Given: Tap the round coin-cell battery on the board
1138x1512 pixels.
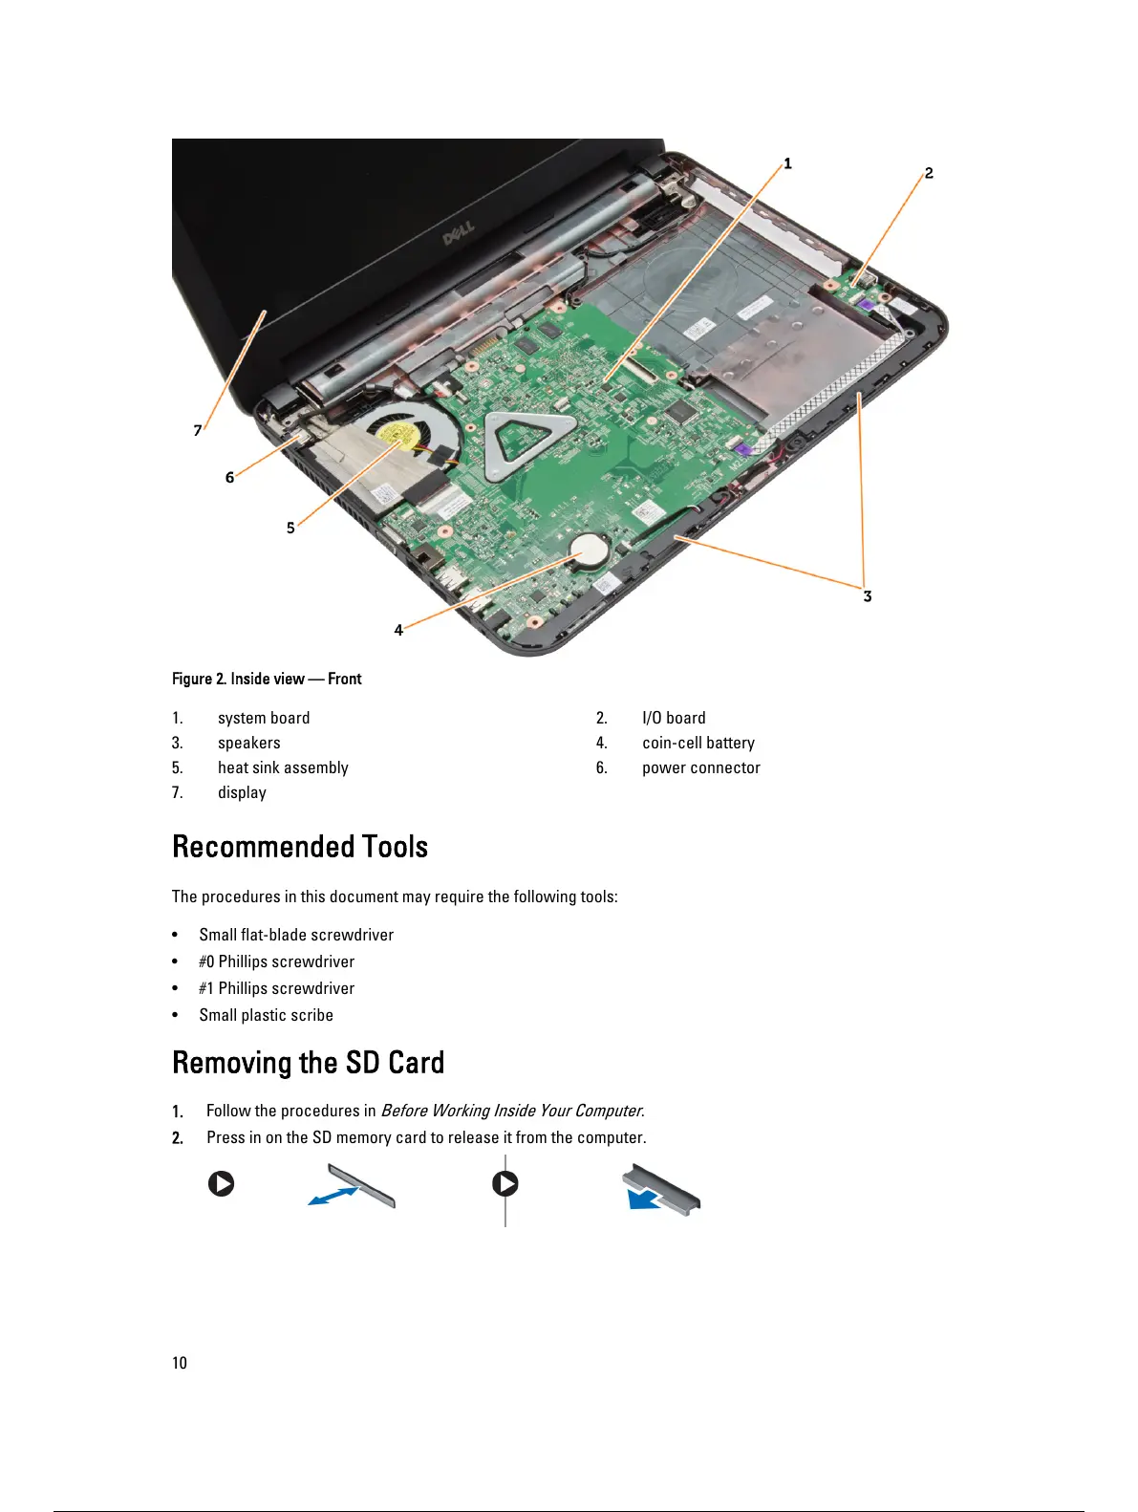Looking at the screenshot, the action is (590, 550).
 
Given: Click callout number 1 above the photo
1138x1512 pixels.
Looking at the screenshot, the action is (787, 163).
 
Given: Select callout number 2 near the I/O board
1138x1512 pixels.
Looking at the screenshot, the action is (928, 173).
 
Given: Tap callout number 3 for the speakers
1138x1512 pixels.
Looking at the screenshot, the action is (867, 596).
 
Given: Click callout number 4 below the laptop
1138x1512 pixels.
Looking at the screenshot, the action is (398, 630).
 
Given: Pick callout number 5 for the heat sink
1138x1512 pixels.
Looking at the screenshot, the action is (290, 528).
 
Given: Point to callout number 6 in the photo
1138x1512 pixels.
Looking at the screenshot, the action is (229, 478).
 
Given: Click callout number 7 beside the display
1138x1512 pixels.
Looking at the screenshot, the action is (198, 430).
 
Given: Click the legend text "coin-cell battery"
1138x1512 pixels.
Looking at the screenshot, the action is (698, 743).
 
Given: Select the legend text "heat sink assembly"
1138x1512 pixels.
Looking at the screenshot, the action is (283, 767).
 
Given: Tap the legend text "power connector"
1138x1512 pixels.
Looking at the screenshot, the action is (700, 767).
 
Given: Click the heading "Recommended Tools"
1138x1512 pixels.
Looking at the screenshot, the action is (300, 847).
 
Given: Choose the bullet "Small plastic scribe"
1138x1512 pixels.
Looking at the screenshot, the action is (266, 1015).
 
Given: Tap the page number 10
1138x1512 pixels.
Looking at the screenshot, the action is (180, 1363).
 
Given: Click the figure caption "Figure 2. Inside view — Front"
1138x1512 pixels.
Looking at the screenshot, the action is (267, 679).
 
